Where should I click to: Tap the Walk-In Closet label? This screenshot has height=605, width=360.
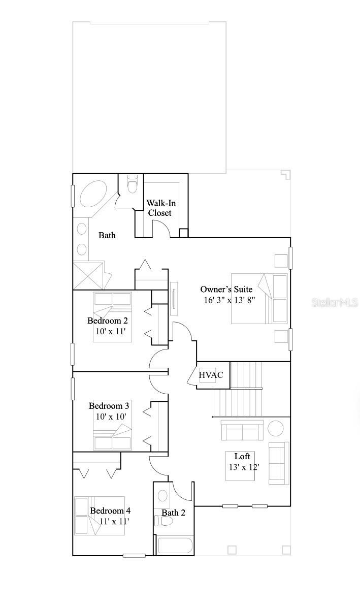(x=159, y=208)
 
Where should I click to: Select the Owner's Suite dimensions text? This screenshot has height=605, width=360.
(x=230, y=300)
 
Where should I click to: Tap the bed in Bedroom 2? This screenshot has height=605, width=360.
(x=112, y=317)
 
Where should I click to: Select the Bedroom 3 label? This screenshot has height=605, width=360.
(x=109, y=406)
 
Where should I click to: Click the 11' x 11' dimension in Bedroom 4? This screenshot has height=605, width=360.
(x=114, y=521)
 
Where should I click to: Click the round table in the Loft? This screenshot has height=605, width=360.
(x=276, y=428)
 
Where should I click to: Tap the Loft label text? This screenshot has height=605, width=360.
(x=242, y=456)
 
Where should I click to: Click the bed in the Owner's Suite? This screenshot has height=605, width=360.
(x=259, y=299)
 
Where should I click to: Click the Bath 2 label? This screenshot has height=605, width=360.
(x=174, y=513)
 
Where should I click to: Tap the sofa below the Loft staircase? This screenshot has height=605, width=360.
(x=242, y=431)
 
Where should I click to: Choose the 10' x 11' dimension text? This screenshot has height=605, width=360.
(x=111, y=331)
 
